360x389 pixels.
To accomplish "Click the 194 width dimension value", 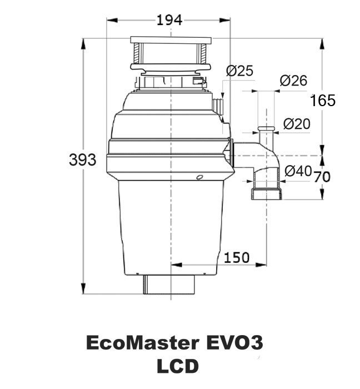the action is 169,20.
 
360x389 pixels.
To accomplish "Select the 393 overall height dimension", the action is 83,159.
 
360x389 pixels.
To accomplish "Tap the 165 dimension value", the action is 323,101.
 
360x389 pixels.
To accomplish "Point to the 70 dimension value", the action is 322,177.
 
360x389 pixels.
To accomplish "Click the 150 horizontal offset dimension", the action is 237,257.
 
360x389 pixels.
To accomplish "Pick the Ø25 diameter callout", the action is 240,71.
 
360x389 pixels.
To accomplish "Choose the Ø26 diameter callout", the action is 293,81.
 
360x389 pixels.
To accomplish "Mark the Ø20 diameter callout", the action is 297,124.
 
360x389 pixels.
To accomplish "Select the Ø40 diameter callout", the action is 298,171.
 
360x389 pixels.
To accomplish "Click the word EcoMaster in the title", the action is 143,343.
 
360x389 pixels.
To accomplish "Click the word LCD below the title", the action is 178,366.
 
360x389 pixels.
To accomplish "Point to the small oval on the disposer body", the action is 199,177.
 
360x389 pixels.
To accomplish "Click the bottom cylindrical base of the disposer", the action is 169,285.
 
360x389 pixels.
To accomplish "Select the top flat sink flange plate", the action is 171,40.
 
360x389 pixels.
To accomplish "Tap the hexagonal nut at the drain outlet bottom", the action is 267,194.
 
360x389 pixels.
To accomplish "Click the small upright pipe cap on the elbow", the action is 266,129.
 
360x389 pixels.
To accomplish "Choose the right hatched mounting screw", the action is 203,53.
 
